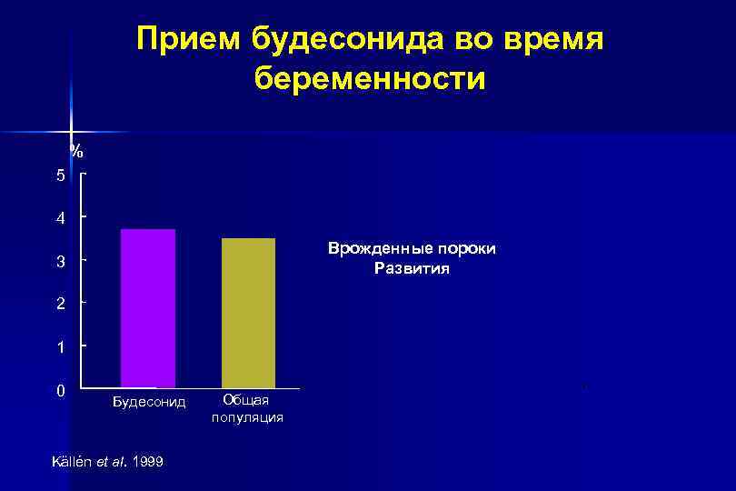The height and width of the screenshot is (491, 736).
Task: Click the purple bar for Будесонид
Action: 148,308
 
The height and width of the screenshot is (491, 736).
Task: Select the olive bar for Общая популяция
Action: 248,313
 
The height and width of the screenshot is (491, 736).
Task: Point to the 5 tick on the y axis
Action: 61,175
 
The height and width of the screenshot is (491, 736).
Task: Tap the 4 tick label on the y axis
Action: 61,218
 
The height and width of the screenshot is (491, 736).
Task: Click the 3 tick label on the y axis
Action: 61,262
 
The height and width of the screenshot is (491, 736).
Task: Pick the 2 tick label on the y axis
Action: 61,305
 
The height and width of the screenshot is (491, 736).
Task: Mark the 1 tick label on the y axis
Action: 61,347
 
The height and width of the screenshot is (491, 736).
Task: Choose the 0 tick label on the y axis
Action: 61,391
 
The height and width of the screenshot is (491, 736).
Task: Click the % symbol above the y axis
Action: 77,150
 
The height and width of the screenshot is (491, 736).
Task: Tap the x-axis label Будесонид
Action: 149,401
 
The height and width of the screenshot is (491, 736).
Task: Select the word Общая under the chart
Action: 247,401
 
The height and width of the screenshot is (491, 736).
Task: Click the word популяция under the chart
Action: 247,417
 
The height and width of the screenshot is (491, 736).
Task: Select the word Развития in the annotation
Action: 412,269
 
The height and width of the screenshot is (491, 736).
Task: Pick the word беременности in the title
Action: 370,78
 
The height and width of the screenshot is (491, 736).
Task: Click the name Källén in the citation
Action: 73,462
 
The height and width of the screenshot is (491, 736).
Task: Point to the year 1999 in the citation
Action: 147,462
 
